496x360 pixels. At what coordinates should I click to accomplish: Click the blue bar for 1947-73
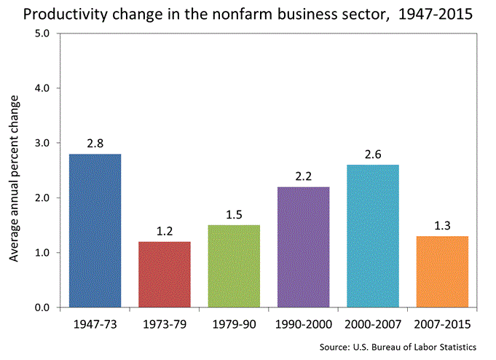(x=95, y=230)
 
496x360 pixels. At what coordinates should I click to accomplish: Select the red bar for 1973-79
(x=164, y=274)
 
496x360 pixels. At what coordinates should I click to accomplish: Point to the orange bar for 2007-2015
(x=441, y=271)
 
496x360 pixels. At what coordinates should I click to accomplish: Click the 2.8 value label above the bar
(x=95, y=144)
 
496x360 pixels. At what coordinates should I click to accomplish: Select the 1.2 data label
(x=164, y=231)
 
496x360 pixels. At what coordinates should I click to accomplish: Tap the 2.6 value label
(x=372, y=154)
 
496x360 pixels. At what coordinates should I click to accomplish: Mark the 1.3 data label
(x=441, y=226)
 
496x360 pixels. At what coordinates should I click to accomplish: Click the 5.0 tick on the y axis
(x=42, y=34)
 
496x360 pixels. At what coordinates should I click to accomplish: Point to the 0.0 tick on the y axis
(x=42, y=308)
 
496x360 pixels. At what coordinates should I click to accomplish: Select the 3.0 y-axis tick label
(x=42, y=143)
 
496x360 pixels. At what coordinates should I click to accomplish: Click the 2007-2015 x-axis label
(x=441, y=323)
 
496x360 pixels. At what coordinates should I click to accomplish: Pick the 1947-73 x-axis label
(x=95, y=323)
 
